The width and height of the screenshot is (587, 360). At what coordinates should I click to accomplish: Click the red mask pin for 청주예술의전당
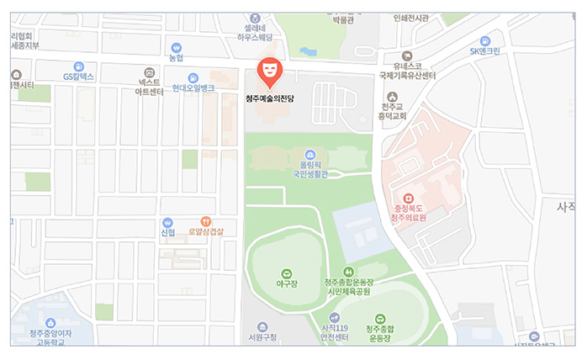(269, 71)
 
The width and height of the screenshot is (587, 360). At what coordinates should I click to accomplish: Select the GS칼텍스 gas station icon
(79, 66)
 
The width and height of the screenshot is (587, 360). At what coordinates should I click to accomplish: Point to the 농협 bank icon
(177, 48)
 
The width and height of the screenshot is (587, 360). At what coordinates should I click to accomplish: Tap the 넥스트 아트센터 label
(150, 87)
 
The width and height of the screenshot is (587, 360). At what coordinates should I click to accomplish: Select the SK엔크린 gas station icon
(485, 40)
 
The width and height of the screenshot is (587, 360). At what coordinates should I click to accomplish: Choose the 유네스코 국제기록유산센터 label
(407, 71)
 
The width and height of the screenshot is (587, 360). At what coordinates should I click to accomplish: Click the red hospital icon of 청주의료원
(410, 199)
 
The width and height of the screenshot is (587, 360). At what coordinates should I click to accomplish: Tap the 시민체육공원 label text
(348, 292)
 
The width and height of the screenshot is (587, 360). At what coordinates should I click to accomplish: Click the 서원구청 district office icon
(262, 326)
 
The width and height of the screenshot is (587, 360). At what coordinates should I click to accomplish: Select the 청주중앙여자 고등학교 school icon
(50, 322)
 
